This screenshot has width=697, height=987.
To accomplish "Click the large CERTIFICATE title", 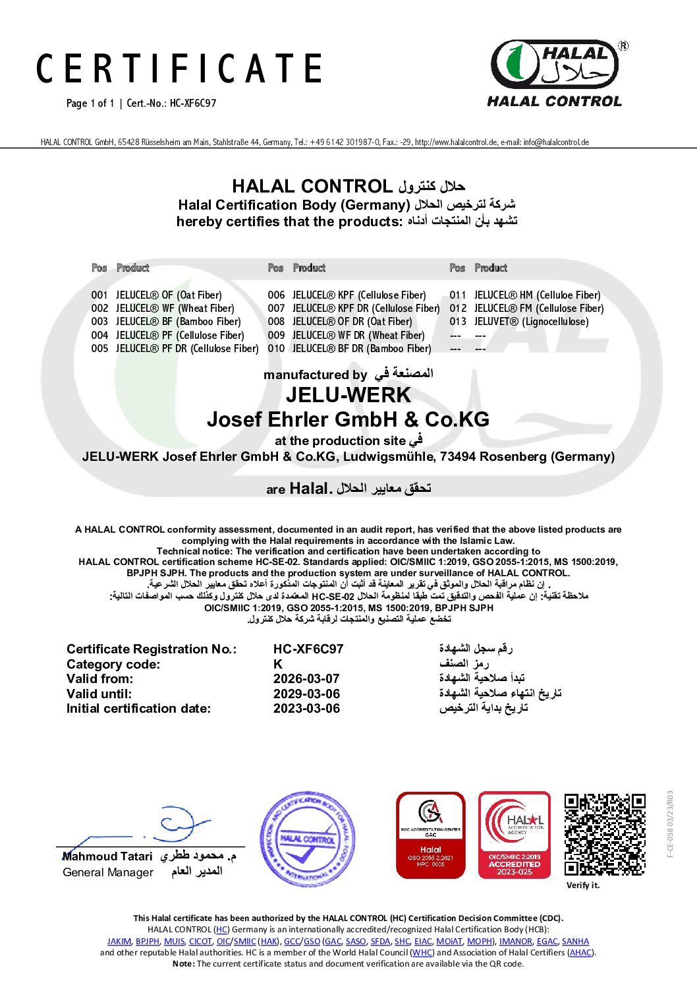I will click(179, 69).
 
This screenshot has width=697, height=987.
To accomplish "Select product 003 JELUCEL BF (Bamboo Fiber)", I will click(166, 322).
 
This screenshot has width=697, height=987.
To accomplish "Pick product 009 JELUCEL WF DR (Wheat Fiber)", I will click(347, 335).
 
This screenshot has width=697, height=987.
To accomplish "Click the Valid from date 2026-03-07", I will click(306, 678).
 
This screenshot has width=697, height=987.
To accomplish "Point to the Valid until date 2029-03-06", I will click(306, 694).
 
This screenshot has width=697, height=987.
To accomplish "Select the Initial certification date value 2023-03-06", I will click(306, 709).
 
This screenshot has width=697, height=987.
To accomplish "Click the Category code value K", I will click(277, 664).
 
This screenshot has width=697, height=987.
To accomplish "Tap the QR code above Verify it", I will click(605, 834).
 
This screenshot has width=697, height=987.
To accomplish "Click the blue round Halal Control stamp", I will click(308, 839).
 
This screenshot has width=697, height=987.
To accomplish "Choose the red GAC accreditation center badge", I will click(430, 835).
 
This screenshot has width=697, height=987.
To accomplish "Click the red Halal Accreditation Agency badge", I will click(514, 835).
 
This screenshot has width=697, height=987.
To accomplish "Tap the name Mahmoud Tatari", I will click(107, 856).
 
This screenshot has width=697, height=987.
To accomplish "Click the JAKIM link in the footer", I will click(119, 942).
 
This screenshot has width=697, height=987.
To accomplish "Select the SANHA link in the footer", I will click(575, 942).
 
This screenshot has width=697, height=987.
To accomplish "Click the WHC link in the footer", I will click(422, 953).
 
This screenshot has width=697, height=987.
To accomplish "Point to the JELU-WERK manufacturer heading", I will click(348, 396).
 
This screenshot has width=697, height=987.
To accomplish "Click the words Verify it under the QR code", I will click(583, 885).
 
